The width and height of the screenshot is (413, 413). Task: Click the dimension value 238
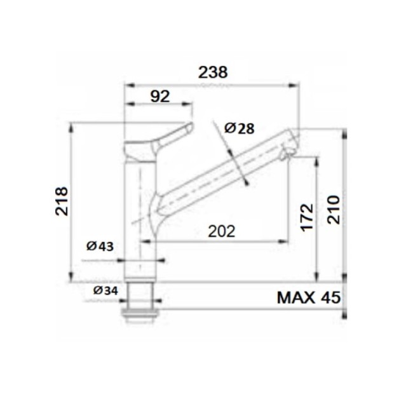[x=213, y=72]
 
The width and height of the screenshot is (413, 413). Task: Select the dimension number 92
[x=160, y=96]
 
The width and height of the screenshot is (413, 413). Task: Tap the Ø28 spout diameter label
[x=239, y=128]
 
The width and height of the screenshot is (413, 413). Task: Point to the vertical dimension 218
[x=62, y=201]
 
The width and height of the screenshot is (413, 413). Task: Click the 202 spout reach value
[x=222, y=231]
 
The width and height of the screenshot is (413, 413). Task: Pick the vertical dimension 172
[x=307, y=217]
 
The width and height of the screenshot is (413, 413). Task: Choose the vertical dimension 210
[x=334, y=209]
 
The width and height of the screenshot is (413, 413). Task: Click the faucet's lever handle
[x=168, y=138]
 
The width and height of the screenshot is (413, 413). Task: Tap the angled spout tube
[x=222, y=168]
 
